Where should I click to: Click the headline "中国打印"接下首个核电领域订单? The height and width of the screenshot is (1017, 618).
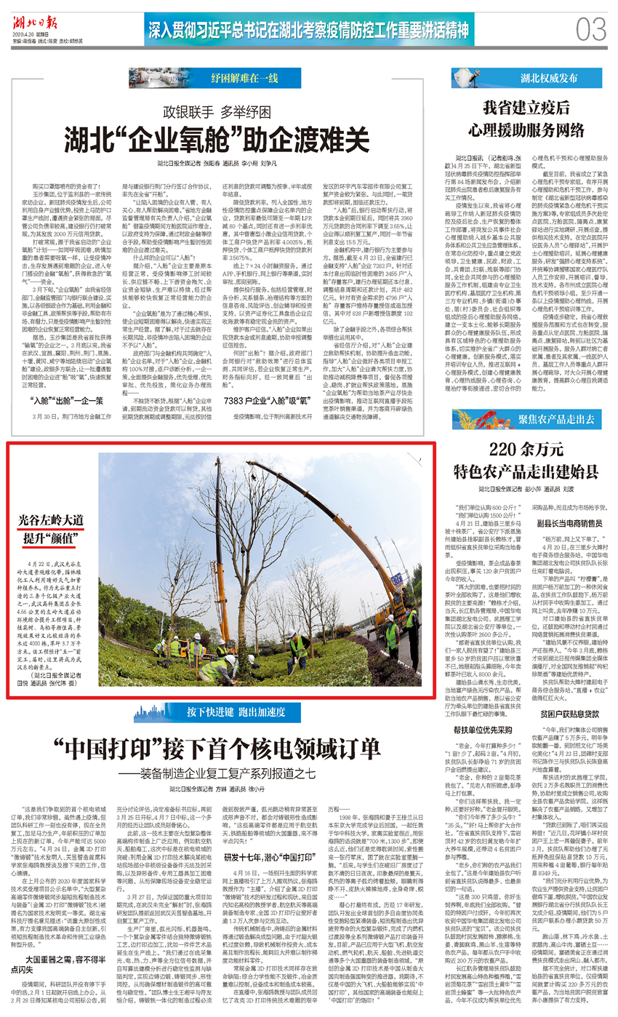click(x=221, y=747)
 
